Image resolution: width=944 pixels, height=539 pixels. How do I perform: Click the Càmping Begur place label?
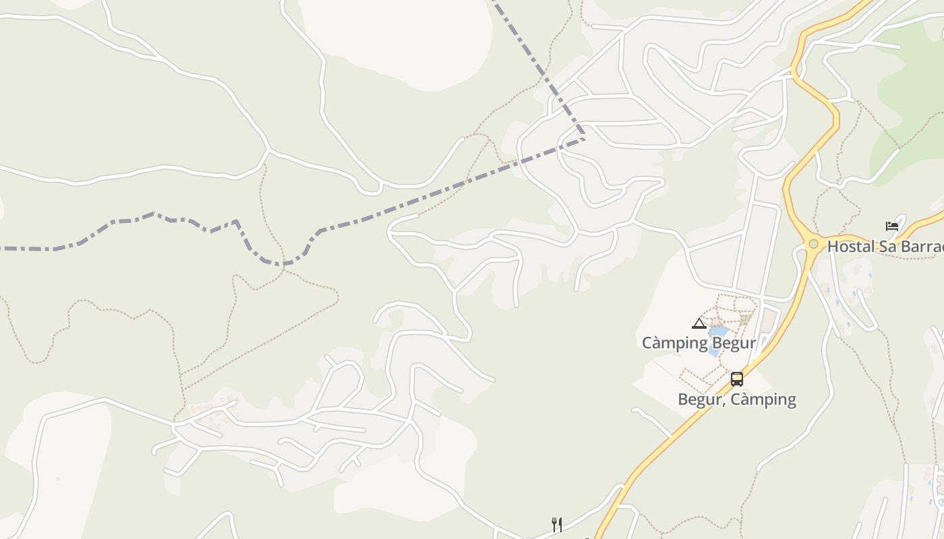coord(699,343)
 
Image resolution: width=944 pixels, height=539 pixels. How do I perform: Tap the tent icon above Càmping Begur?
coord(699,324)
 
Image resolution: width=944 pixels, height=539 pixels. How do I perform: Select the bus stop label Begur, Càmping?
coord(737,400)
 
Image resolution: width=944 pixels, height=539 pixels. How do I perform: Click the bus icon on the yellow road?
coord(737,379)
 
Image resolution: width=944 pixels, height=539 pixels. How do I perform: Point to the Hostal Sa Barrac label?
coord(885,247)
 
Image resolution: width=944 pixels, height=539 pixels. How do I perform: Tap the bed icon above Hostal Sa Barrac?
coord(892,226)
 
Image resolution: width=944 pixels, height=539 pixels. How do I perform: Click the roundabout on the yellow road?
coord(814,244)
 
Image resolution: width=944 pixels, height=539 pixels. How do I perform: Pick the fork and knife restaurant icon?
coord(557,524)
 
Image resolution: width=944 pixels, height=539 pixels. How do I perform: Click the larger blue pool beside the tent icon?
coord(718,331)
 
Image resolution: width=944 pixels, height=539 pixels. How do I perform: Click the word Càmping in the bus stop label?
coord(765,400)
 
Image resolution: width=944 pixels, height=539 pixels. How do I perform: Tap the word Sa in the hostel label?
coord(889,247)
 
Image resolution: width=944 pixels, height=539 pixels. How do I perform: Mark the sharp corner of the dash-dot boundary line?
coord(584,138)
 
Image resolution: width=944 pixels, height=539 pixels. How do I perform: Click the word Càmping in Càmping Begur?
coord(674,343)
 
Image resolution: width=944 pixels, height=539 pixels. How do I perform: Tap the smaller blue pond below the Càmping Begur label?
coord(713,352)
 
